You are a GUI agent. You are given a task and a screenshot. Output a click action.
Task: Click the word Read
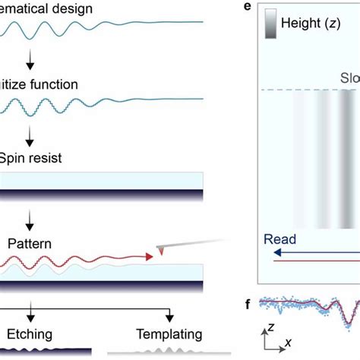(x=279, y=238)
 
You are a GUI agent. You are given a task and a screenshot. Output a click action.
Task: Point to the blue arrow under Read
(x=311, y=254)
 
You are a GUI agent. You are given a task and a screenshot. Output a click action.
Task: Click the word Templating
(x=169, y=334)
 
